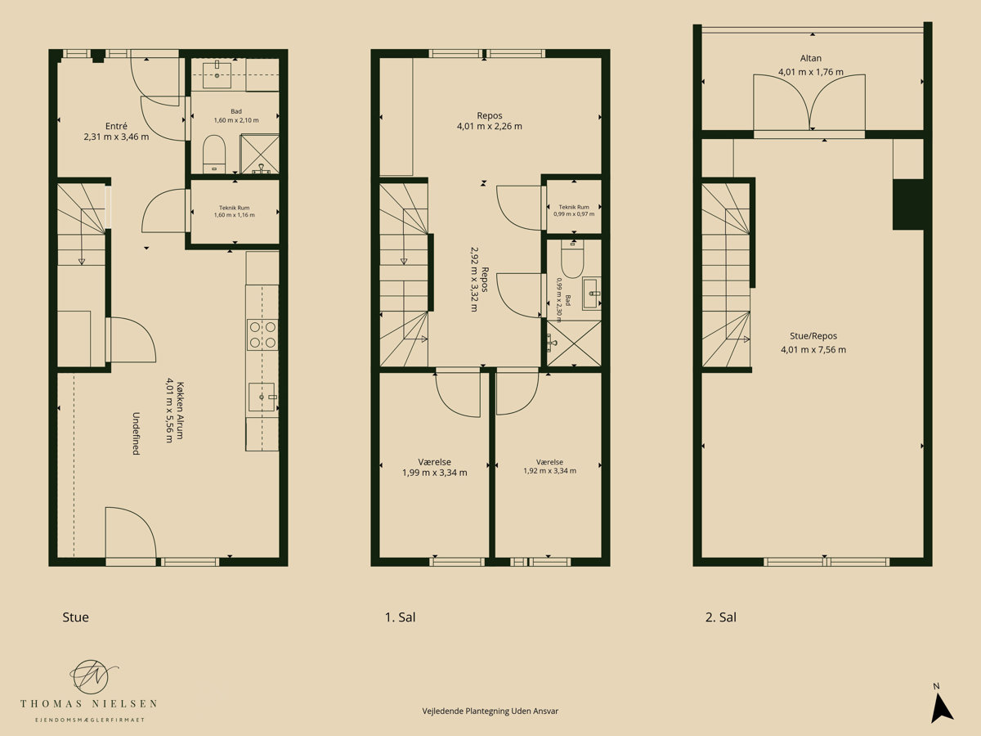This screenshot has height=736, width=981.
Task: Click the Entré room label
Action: click(116, 126)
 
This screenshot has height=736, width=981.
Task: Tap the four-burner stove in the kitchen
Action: click(262, 334)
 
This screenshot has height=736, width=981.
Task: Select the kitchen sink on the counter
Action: click(262, 397)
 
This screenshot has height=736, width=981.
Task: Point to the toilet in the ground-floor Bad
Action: click(213, 154)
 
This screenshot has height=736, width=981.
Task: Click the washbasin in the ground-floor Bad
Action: click(217, 75)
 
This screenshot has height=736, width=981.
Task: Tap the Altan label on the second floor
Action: click(811, 58)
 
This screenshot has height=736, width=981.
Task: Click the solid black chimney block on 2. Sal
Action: click(908, 204)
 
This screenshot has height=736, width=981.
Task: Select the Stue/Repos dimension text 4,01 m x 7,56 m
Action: click(813, 349)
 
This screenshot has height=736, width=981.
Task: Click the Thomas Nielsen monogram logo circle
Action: click(89, 677)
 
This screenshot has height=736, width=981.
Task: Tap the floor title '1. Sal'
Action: click(400, 617)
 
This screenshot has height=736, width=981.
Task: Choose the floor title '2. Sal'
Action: click(721, 617)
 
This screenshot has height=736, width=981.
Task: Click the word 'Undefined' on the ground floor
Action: click(136, 433)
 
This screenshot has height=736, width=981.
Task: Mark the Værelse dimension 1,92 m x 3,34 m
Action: click(549, 470)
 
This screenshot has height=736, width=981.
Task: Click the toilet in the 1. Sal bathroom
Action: click(572, 261)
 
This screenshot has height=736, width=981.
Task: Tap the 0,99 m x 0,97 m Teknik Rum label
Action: click(574, 210)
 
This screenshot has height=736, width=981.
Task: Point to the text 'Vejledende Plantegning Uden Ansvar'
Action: click(490, 711)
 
